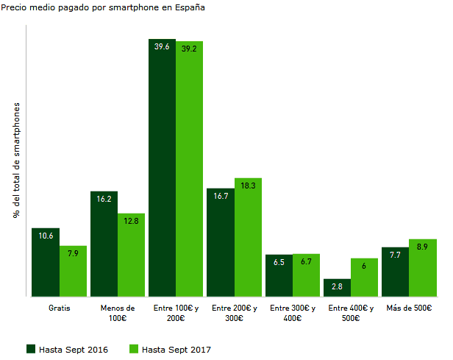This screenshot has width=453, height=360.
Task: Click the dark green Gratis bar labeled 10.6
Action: click(46, 262)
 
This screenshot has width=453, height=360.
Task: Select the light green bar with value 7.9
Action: click(73, 271)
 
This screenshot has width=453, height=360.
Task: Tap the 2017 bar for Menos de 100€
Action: click(131, 255)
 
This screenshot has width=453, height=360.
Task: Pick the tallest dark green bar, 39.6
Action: click(162, 168)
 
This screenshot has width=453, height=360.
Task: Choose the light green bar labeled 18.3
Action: click(248, 237)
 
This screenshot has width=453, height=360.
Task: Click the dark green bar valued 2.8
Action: click(337, 288)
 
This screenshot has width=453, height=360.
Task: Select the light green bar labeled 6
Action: click(364, 278)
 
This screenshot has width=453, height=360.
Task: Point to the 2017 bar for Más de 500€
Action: click(423, 268)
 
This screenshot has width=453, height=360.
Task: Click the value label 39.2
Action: click(189, 49)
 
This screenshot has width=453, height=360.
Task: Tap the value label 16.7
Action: click(221, 196)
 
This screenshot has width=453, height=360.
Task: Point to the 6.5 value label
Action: click(279, 262)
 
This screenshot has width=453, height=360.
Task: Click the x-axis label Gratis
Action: click(60, 308)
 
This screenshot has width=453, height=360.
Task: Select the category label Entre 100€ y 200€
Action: click(176, 313)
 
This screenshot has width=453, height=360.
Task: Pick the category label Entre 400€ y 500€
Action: click(351, 313)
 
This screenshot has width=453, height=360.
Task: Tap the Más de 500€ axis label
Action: click(409, 308)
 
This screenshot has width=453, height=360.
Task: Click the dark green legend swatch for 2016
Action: click(31, 349)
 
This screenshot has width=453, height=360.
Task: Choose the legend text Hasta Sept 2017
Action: click(176, 350)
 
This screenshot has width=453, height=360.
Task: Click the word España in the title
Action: click(190, 7)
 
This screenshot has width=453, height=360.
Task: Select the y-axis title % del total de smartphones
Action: click(16, 160)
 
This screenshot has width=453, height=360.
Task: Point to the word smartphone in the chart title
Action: click(134, 8)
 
